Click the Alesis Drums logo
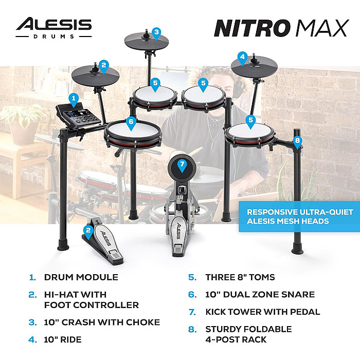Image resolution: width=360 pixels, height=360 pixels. point(53,28)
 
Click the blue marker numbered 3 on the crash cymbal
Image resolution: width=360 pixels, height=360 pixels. point(156,34)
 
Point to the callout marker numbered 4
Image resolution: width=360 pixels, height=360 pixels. point(242,59)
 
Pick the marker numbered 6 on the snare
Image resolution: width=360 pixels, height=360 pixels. point(131,123)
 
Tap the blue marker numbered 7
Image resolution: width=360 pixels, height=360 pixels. point(182,166)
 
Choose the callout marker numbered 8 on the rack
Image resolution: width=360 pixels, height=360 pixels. point(297,142)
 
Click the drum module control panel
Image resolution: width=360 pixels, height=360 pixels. point(79,116)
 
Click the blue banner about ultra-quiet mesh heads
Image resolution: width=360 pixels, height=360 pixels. point(299,217)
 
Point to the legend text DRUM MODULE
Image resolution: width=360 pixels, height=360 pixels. point(81,277)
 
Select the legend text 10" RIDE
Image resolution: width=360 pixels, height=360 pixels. point(63,339)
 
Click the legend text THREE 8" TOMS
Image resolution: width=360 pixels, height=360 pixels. point(240,277)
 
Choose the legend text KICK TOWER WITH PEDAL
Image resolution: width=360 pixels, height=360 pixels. point(263,312)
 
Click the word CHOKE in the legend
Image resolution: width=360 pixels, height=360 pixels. point(143,322)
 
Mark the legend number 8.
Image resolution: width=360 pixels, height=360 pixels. point(192,329)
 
